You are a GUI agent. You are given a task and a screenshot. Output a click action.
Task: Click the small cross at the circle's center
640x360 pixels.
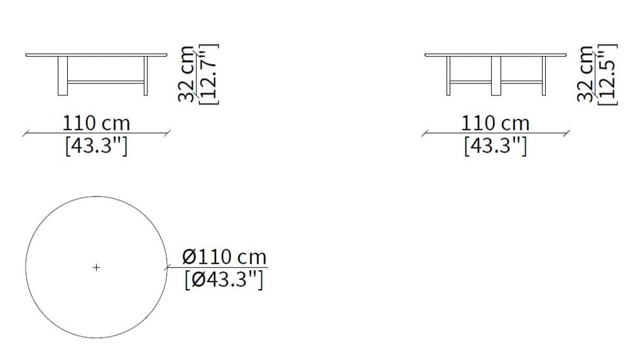pos(96,268)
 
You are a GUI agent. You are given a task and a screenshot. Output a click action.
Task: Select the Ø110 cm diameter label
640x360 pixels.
pos(224,257)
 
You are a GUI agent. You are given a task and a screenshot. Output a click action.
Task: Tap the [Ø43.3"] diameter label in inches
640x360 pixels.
pos(224,278)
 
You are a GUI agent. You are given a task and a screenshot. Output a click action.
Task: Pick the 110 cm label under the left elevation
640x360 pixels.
pos(96,123)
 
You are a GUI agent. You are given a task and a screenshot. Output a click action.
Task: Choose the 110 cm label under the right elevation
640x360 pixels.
pos(496,123)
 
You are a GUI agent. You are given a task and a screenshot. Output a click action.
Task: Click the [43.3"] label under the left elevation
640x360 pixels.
pos(96,146)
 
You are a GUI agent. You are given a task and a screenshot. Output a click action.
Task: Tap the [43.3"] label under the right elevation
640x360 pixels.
pos(496,146)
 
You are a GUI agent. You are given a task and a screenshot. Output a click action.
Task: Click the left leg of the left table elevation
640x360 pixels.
pos(63,76)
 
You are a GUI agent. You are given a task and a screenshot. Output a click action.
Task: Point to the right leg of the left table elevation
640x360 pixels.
pos(146,76)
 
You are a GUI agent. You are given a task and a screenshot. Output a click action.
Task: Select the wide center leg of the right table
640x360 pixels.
pos(496,76)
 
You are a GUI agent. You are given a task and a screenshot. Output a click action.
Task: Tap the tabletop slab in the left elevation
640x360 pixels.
pos(97,55)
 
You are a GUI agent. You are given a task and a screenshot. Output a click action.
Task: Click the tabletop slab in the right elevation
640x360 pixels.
pos(496,55)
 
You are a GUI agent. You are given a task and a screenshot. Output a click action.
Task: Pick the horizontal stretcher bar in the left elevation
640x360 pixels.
pos(105,81)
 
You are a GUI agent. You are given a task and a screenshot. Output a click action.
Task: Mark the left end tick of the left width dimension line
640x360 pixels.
pos(25,133)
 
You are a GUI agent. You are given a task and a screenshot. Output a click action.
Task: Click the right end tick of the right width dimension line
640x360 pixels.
pos(567,133)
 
